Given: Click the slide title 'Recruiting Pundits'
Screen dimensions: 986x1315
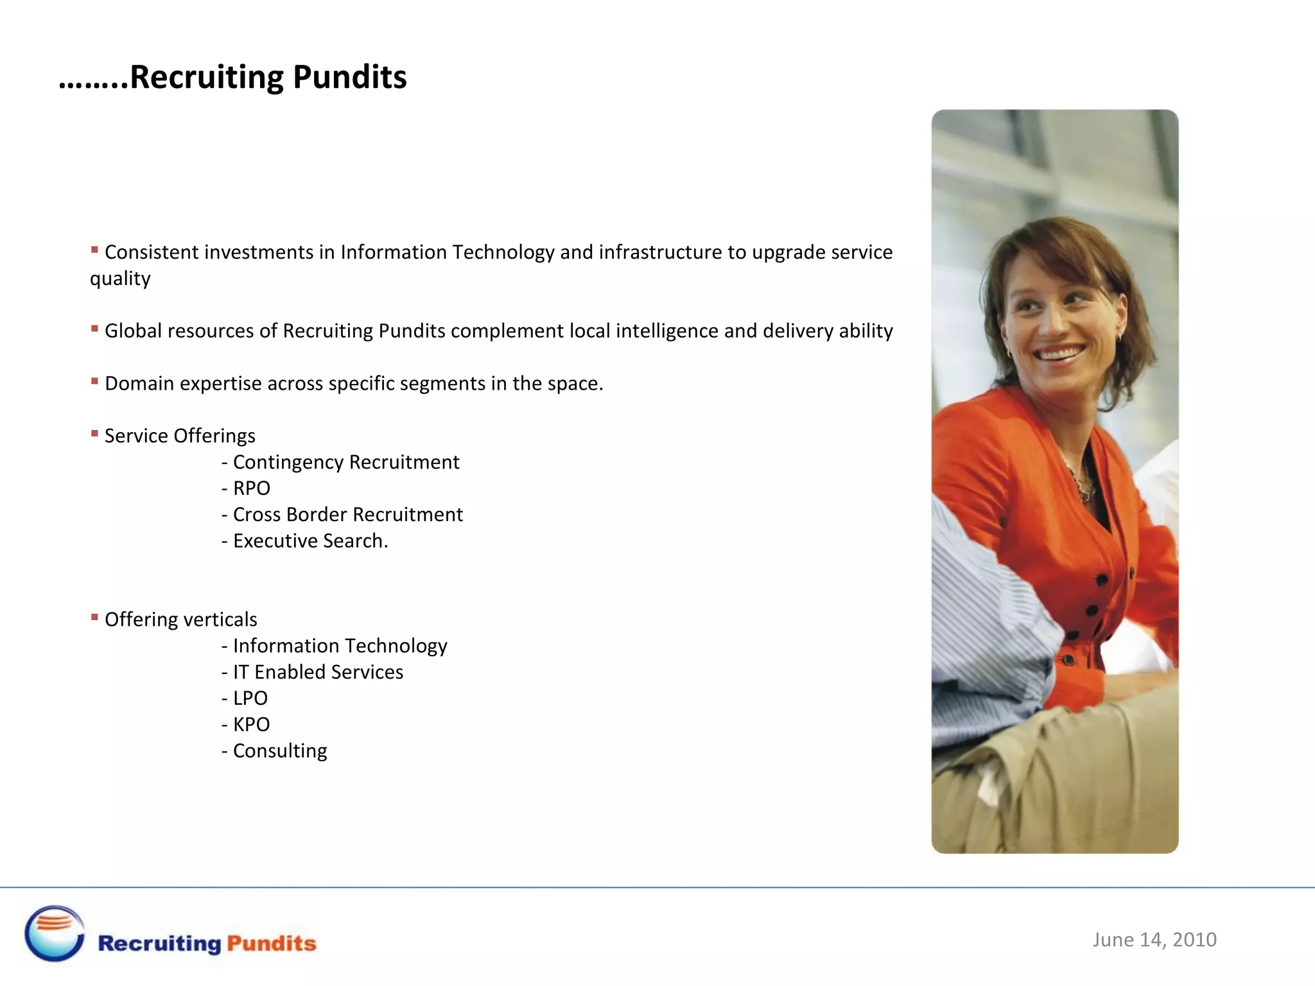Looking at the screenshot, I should [x=268, y=77].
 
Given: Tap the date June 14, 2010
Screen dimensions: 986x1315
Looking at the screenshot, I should [x=1154, y=940].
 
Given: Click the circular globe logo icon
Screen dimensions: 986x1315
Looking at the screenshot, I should [x=55, y=933].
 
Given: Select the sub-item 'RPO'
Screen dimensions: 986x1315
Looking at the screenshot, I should [x=251, y=489].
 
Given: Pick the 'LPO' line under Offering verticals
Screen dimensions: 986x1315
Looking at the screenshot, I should [x=250, y=698].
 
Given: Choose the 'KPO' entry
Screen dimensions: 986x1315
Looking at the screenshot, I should [x=251, y=725].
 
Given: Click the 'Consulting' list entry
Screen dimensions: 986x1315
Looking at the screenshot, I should [x=280, y=751].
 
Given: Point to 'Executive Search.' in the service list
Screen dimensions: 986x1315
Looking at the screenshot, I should [x=310, y=541].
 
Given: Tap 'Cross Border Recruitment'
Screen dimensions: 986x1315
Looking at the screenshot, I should [x=347, y=515].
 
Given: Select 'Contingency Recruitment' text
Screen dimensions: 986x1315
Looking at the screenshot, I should [x=346, y=462].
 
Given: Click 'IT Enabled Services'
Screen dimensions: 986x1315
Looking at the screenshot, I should [x=318, y=672].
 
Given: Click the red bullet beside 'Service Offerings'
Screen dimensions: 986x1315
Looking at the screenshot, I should [x=94, y=434].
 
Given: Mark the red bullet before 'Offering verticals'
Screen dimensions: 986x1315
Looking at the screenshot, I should [x=94, y=618].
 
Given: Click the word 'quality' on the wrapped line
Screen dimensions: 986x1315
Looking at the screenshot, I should [x=120, y=279].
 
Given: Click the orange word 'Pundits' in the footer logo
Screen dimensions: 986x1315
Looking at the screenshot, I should [x=272, y=943].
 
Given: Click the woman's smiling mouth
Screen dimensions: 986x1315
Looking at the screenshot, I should [x=1060, y=353].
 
